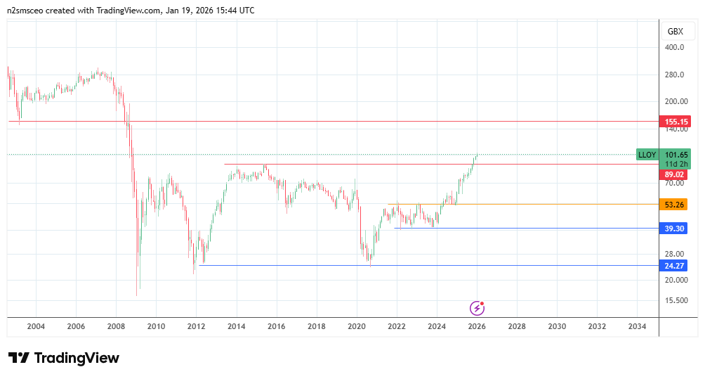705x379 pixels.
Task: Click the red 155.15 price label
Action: pyautogui.click(x=676, y=122)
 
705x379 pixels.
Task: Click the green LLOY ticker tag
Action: pyautogui.click(x=647, y=155)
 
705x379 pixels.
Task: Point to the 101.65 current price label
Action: pyautogui.click(x=677, y=155)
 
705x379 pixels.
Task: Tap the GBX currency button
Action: pyautogui.click(x=676, y=32)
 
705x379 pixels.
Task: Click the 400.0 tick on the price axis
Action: pyautogui.click(x=674, y=48)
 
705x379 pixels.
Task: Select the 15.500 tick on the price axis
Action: pyautogui.click(x=676, y=300)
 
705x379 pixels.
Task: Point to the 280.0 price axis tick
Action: pyautogui.click(x=674, y=75)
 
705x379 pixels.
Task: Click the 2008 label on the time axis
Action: pyautogui.click(x=116, y=326)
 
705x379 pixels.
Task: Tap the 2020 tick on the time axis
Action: pyautogui.click(x=357, y=326)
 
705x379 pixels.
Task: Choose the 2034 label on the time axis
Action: pyautogui.click(x=638, y=326)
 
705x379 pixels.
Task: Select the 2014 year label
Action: pyautogui.click(x=237, y=326)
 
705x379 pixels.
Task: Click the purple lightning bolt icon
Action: pyautogui.click(x=477, y=307)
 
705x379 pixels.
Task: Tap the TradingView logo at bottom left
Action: pyautogui.click(x=64, y=358)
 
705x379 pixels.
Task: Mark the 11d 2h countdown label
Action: pyautogui.click(x=677, y=164)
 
